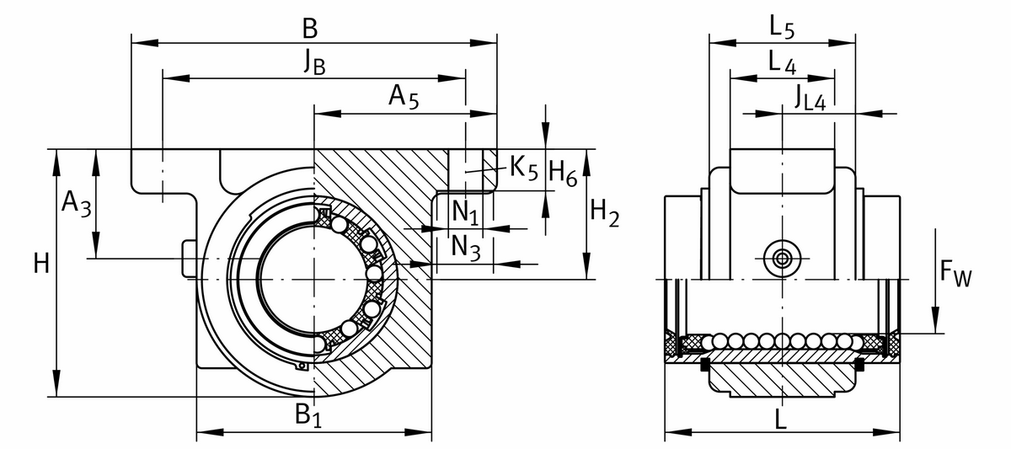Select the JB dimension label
click(x=314, y=65)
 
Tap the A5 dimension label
click(x=404, y=98)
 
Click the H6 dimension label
click(x=563, y=174)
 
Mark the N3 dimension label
click(x=465, y=247)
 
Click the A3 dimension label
click(x=75, y=203)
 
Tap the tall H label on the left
click(x=40, y=265)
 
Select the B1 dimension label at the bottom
click(x=307, y=415)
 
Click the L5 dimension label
click(x=782, y=28)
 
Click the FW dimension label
click(x=955, y=274)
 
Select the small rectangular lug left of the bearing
click(x=190, y=258)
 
